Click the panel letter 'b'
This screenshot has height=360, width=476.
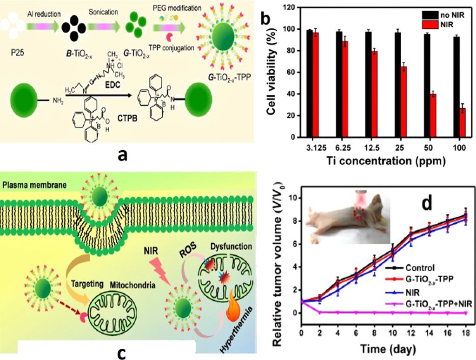click(x=266, y=20)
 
